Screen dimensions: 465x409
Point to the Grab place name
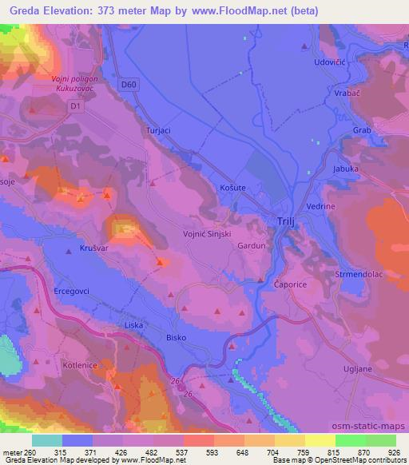361,129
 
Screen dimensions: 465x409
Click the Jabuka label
347,169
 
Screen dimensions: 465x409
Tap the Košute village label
232,187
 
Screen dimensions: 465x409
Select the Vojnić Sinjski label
208,233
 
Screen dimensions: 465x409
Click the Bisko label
176,338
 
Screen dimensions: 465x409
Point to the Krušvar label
94,249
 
